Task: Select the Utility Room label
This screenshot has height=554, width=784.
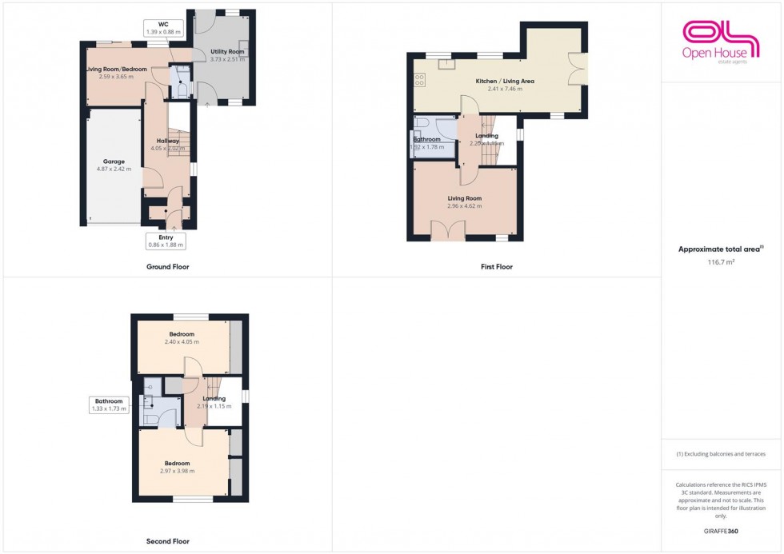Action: coord(227,52)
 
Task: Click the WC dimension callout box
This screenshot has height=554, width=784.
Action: coord(163,28)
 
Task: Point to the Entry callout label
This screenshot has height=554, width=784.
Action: coord(166,241)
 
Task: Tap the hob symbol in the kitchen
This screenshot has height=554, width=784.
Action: coord(419,79)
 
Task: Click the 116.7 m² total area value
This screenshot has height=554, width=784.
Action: coord(720,261)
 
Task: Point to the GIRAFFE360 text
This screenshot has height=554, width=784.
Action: coord(721,531)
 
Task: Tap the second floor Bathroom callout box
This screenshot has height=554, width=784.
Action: coord(109,405)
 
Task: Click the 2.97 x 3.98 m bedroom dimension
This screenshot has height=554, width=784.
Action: coord(177,472)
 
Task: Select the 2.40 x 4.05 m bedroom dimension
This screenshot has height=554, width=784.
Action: coord(182,341)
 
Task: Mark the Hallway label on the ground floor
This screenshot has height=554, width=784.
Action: coord(168,141)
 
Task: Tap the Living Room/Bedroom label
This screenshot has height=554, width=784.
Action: coord(117,70)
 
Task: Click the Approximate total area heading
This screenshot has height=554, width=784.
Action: coord(720,249)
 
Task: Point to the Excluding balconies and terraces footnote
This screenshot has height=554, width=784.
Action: coord(720,454)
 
